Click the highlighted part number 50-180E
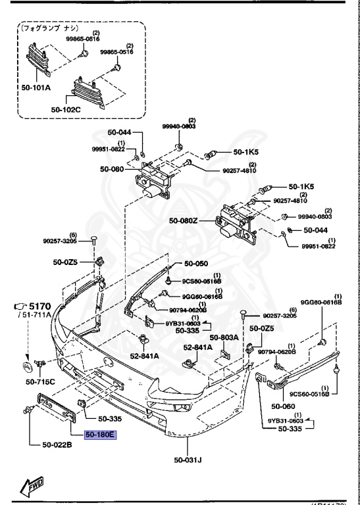point(100,435)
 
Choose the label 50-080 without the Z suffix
point(112,168)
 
